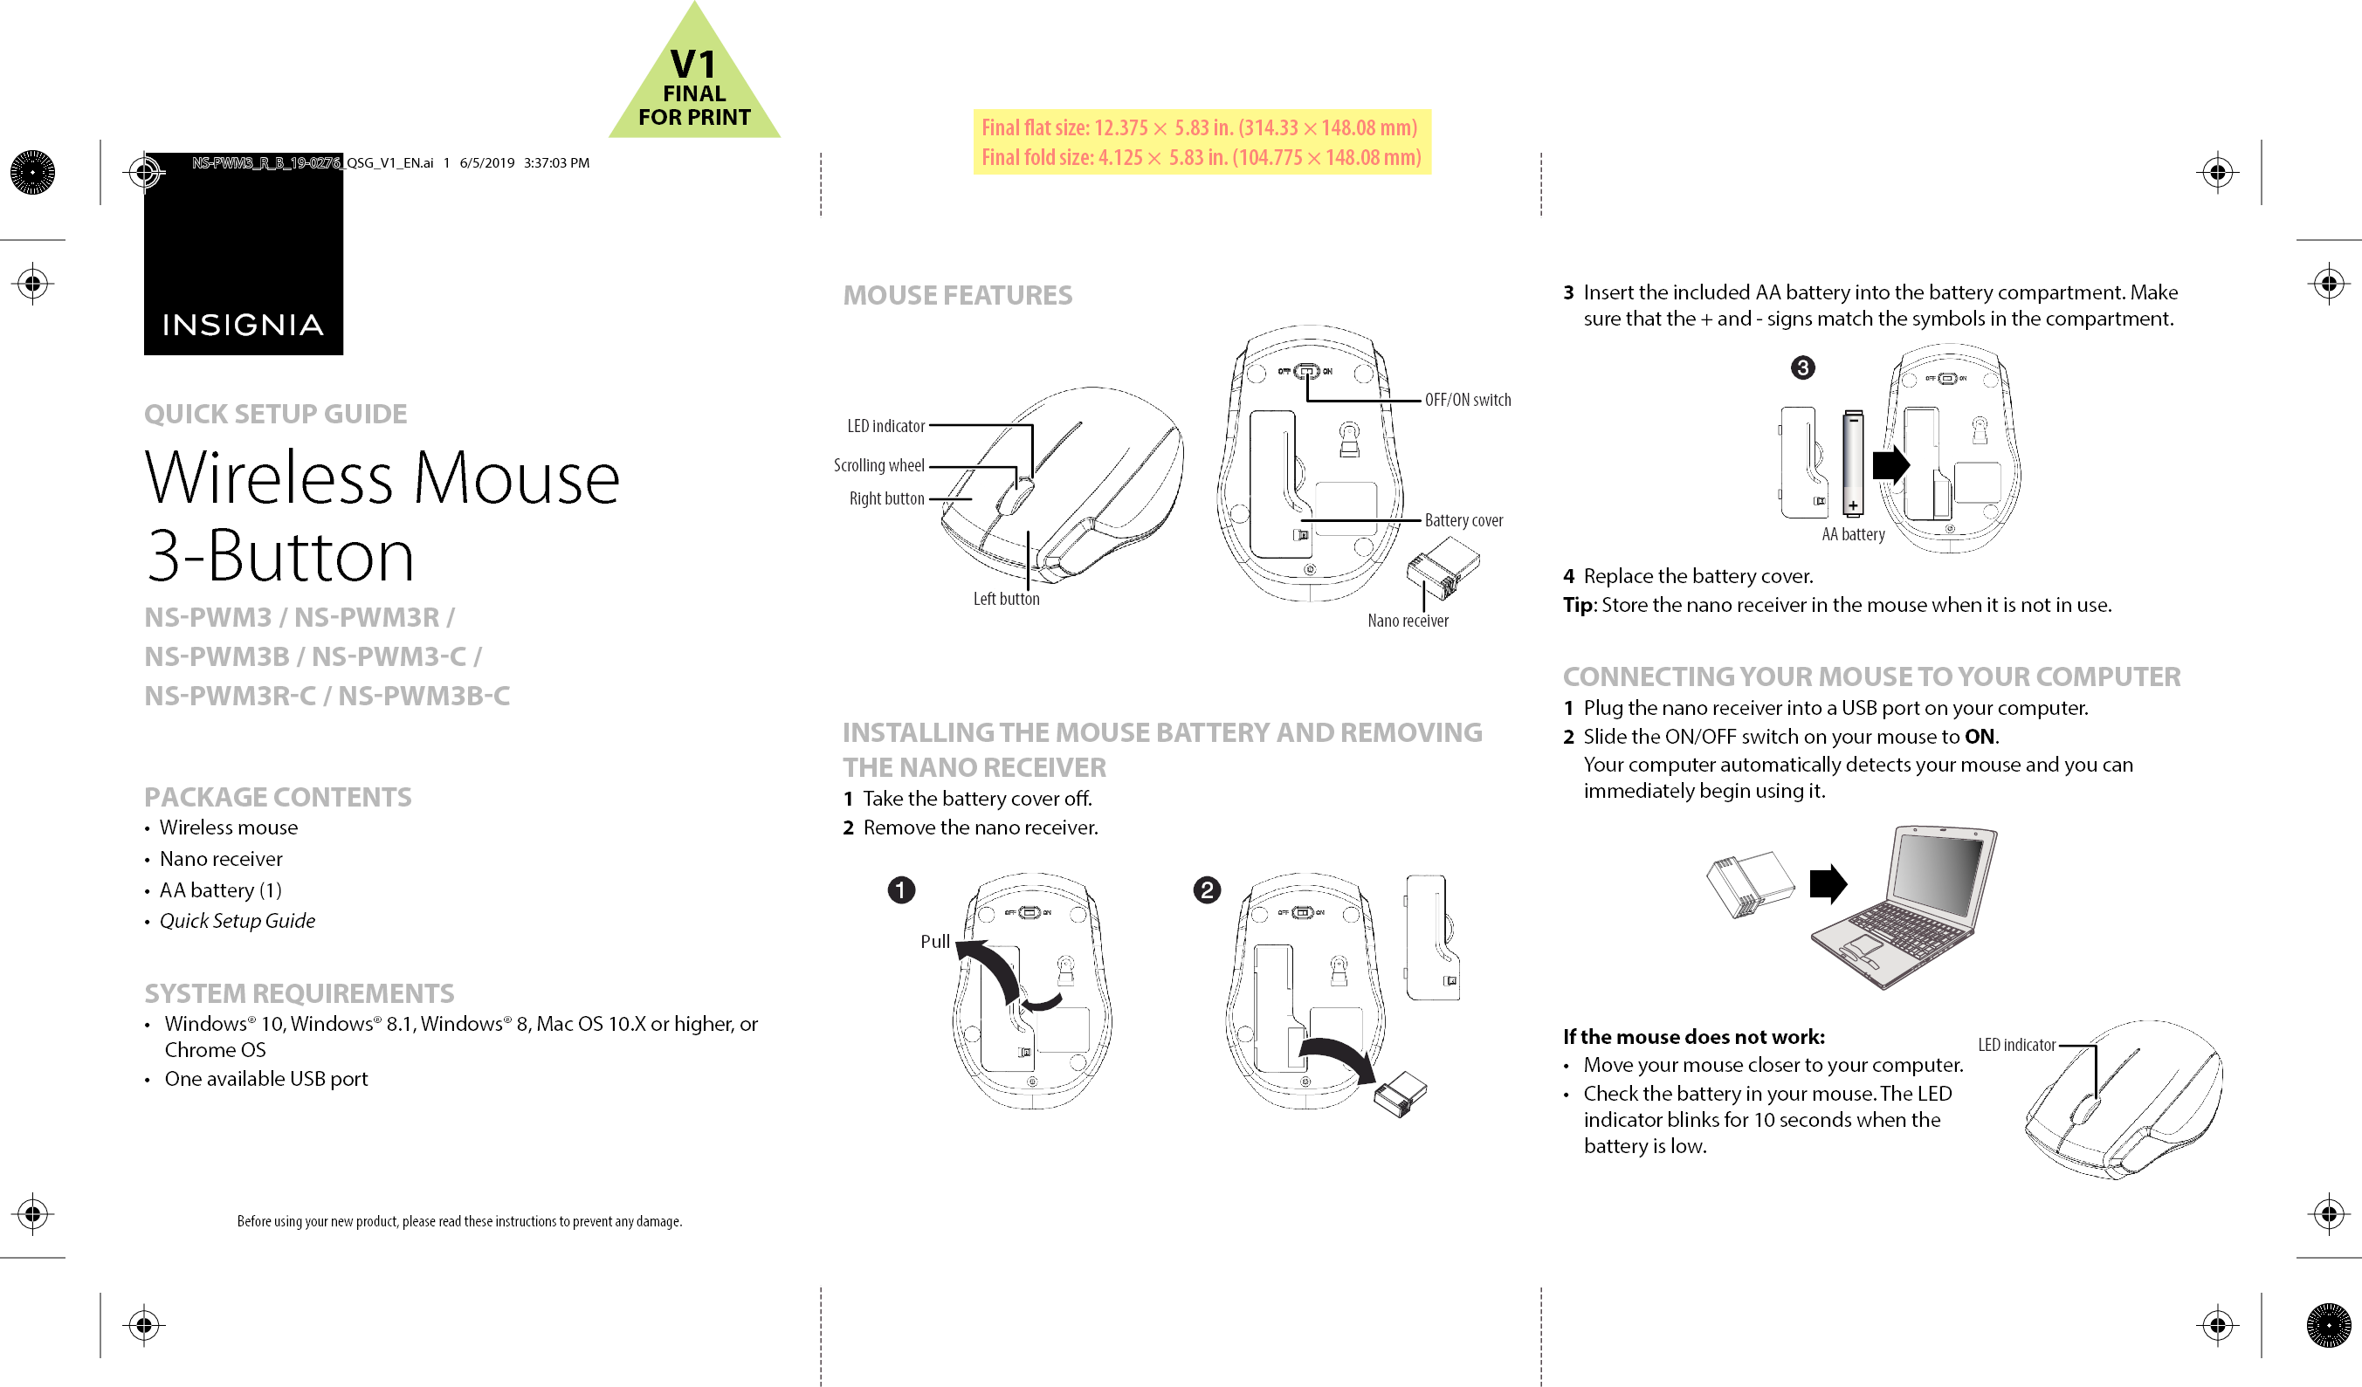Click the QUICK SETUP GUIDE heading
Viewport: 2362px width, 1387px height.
click(275, 413)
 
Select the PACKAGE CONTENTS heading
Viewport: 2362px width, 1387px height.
click(278, 796)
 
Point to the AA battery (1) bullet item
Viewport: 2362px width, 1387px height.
click(220, 889)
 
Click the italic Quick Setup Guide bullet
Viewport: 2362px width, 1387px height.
click(238, 920)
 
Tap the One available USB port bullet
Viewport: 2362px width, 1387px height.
click(266, 1078)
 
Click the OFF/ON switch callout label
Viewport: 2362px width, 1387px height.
click(1467, 400)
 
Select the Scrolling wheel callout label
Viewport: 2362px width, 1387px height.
click(878, 465)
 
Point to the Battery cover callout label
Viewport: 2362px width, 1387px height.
click(1463, 520)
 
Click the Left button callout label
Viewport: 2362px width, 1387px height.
click(1006, 599)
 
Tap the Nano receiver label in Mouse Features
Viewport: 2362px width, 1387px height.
click(1407, 621)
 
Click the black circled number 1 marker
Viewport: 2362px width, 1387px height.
click(901, 889)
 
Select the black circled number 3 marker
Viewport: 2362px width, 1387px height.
click(1801, 367)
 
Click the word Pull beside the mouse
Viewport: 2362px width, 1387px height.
click(934, 941)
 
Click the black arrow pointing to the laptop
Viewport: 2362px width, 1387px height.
click(1827, 883)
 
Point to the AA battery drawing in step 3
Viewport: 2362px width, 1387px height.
click(1852, 463)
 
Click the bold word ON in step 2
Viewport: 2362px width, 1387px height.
click(1979, 737)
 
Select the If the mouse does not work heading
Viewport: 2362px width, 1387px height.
click(1693, 1036)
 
